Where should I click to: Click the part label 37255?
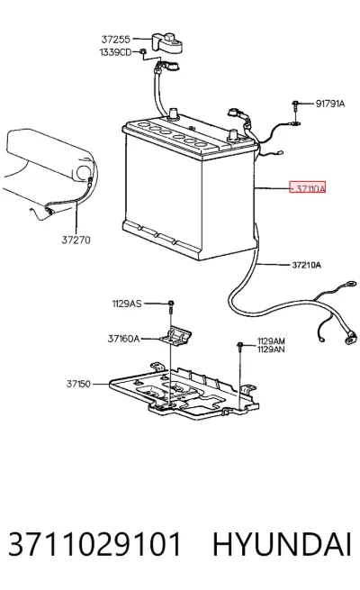(x=116, y=39)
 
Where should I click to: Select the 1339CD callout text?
(x=115, y=52)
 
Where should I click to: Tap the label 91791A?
(x=330, y=104)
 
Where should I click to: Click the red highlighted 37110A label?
(x=308, y=187)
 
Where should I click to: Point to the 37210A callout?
(x=306, y=265)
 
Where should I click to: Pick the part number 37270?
(x=76, y=240)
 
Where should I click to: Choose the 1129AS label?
(x=127, y=304)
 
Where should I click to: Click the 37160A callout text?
(x=123, y=339)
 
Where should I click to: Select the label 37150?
(x=78, y=384)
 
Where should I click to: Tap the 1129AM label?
(x=271, y=340)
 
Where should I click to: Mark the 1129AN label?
(x=271, y=349)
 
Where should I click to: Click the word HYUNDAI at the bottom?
(x=282, y=544)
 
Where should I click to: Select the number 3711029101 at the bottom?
(x=94, y=544)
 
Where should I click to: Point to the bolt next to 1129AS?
(x=171, y=307)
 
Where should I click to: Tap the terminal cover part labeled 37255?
(x=168, y=42)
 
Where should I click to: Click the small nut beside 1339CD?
(x=143, y=52)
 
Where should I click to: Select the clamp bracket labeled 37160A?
(x=175, y=335)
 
